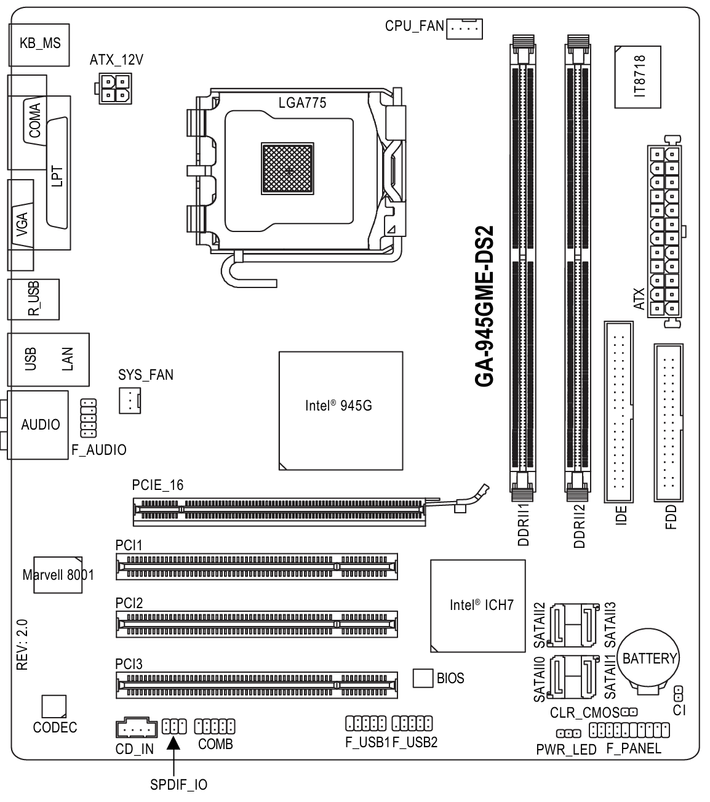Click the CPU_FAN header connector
[464, 28]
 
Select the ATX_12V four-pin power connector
[114, 88]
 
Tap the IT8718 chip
[637, 77]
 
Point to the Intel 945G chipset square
[341, 411]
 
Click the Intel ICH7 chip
[477, 605]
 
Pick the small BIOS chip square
[423, 678]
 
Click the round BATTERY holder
[648, 659]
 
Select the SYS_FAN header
[130, 401]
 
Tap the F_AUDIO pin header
[88, 418]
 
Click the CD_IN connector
[137, 727]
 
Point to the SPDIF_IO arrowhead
[174, 743]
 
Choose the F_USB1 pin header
[365, 723]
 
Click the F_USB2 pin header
[412, 723]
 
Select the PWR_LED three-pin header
[568, 733]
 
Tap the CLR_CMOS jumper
[629, 712]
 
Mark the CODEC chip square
[54, 706]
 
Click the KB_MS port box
[39, 45]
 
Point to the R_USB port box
[33, 299]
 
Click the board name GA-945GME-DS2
[484, 306]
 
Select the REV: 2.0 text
[22, 644]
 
